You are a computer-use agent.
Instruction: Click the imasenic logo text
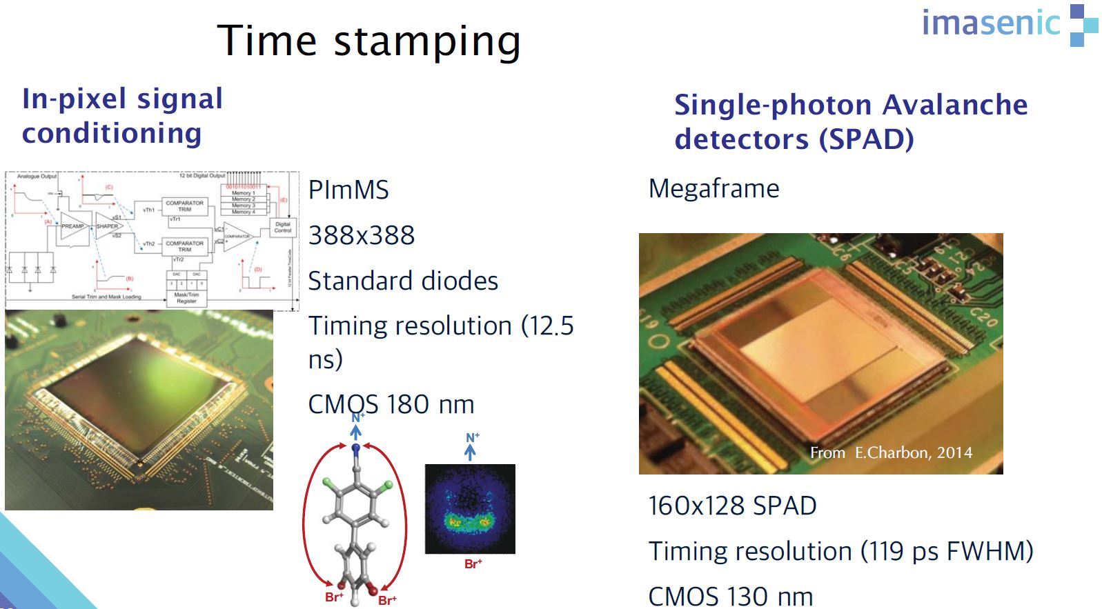(x=990, y=23)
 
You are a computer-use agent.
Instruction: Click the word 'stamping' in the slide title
(x=427, y=41)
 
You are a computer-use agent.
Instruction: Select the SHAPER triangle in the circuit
(x=108, y=226)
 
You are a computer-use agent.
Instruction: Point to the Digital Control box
(x=283, y=227)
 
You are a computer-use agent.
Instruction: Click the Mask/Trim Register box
(x=186, y=298)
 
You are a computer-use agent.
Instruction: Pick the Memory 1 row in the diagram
(x=243, y=193)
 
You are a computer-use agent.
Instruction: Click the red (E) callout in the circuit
(x=283, y=200)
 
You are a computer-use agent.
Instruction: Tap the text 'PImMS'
(x=348, y=190)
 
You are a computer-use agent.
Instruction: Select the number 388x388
(x=362, y=236)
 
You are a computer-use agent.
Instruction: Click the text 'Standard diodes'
(x=403, y=281)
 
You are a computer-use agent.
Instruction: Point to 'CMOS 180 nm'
(x=391, y=405)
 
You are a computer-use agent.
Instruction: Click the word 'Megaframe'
(x=714, y=189)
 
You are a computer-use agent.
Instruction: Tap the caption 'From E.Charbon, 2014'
(x=891, y=452)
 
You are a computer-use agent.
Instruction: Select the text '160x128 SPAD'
(x=732, y=506)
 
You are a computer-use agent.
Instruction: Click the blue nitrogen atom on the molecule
(x=356, y=449)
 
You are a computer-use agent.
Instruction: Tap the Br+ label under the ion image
(x=473, y=564)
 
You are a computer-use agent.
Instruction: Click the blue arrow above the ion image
(x=470, y=452)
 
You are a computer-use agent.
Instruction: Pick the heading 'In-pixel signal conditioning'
(x=122, y=116)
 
